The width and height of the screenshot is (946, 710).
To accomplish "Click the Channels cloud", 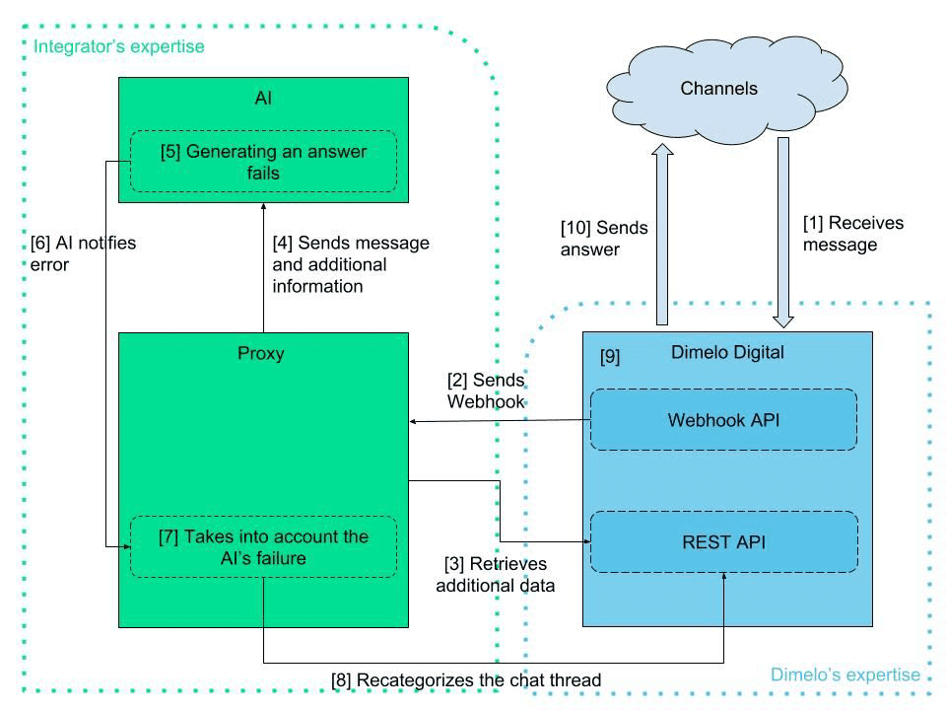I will point(719,90).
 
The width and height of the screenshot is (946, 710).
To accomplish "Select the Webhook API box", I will point(723,420).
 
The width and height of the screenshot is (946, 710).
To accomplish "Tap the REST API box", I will point(723,541).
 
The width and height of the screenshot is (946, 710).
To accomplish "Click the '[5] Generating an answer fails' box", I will point(263,162).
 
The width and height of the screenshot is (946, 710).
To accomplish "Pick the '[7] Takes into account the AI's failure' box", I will point(263,547).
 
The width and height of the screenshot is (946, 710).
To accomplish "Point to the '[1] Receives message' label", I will point(852,234).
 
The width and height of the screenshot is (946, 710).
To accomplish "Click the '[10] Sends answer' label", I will point(604,239).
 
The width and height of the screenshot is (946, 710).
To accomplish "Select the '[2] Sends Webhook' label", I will point(485,390).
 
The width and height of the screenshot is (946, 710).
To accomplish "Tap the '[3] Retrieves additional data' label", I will point(501,574).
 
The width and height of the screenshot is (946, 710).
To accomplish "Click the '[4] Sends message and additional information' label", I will point(350,264).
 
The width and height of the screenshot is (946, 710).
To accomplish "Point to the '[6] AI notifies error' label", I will point(83,252).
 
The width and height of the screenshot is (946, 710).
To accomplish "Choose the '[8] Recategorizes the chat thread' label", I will point(465,679).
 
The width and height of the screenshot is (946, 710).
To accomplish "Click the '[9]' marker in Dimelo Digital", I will point(610,356).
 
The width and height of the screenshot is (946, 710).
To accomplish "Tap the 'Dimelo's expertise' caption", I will point(845,675).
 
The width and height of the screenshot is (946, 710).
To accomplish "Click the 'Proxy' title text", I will point(261,354).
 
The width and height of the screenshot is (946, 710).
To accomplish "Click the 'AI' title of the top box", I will point(262,99).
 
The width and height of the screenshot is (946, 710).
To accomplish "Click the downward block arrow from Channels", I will point(783,232).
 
